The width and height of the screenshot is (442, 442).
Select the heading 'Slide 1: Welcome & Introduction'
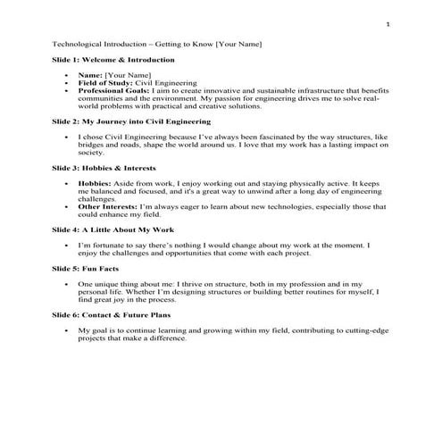pyautogui.click(x=113, y=60)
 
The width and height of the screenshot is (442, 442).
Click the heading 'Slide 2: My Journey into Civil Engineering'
pyautogui.click(x=132, y=121)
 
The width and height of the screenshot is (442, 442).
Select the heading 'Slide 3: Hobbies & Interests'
pyautogui.click(x=104, y=167)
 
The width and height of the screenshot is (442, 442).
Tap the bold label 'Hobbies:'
pyautogui.click(x=95, y=182)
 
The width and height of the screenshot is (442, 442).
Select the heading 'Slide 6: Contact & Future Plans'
pyautogui.click(x=113, y=314)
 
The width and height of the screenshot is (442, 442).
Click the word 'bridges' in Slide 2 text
pyautogui.click(x=96, y=145)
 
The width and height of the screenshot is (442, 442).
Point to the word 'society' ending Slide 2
pyautogui.click(x=92, y=153)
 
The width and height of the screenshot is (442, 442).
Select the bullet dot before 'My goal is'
pyautogui.click(x=70, y=330)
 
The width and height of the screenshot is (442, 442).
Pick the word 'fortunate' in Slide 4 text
pyautogui.click(x=113, y=244)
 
